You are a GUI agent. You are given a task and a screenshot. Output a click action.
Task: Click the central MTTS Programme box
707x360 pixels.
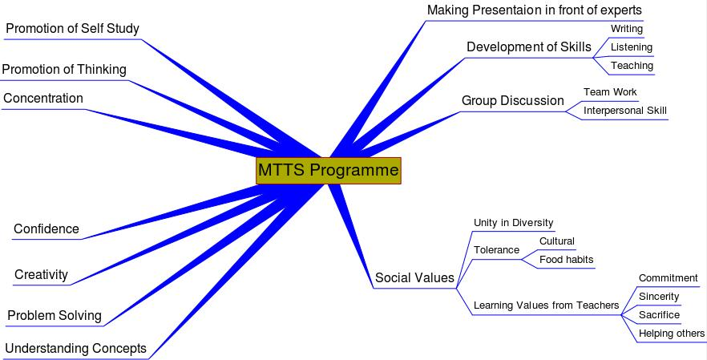pos(328,171)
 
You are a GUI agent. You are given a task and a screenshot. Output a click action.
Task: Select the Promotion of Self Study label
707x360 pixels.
pos(72,29)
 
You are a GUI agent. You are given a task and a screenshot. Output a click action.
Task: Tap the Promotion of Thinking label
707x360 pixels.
pos(64,70)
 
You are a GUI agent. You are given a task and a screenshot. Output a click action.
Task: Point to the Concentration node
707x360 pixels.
pos(43,99)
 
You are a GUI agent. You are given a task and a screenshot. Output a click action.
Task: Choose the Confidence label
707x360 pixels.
pos(46,229)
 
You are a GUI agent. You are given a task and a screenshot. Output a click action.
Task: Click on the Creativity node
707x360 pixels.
pos(41,275)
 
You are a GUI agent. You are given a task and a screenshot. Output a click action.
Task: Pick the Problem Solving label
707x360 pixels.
pos(55,315)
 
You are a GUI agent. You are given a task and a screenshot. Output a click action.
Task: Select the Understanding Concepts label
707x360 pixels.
pos(75,348)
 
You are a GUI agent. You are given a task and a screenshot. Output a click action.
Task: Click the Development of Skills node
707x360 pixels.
pos(529,47)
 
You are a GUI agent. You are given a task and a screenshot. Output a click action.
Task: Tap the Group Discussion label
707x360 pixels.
pos(513,101)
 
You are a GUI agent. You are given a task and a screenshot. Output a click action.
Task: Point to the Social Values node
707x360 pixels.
pos(414,278)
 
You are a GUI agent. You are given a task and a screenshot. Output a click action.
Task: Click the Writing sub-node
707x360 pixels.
pos(627,29)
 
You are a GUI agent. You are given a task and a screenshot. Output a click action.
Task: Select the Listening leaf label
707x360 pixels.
pos(632,47)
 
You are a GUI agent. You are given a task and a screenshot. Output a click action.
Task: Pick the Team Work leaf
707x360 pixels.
pos(610,92)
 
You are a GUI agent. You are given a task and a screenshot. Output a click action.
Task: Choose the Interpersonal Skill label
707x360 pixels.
pos(625,111)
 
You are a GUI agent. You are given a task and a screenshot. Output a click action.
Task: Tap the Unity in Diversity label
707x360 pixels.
pos(514,223)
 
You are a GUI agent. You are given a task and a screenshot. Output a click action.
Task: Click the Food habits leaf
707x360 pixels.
pos(567,259)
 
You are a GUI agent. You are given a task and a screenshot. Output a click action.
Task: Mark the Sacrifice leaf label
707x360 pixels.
pos(659,315)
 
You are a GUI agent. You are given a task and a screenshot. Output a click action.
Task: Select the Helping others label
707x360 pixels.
pos(672,334)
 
